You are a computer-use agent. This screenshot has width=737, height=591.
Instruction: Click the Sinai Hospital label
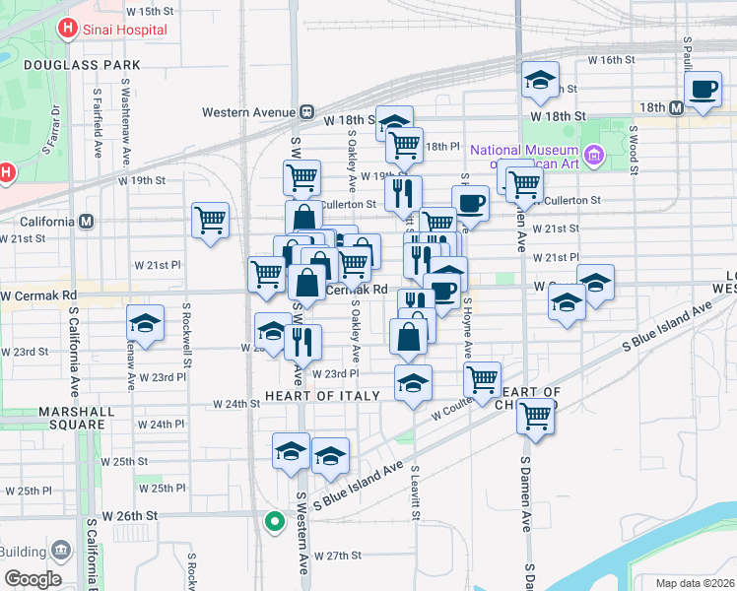(123, 29)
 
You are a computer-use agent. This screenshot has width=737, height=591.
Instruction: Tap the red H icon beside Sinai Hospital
(67, 29)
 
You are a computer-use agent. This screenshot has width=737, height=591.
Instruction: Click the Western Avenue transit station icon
(307, 112)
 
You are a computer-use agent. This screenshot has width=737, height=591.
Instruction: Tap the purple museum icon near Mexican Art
(593, 154)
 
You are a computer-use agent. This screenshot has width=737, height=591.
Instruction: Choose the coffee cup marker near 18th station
(703, 90)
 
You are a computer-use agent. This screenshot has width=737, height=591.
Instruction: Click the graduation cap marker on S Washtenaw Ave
(145, 323)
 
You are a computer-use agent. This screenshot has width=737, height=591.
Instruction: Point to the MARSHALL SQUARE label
(57, 411)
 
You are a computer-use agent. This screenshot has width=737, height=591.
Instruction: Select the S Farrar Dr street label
(51, 131)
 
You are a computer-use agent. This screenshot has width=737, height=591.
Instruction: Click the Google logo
(32, 579)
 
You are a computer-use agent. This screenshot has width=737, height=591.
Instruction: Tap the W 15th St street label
(150, 11)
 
